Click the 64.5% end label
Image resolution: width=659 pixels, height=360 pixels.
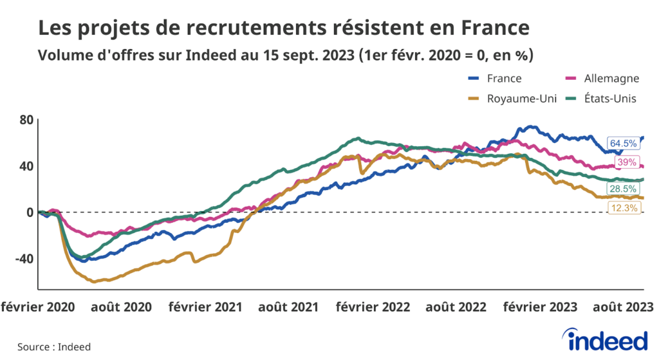click(x=623, y=143)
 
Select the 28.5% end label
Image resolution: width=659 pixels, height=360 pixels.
click(x=623, y=189)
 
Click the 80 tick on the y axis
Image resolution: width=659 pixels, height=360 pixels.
click(x=26, y=120)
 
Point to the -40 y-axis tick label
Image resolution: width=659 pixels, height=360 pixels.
click(x=23, y=259)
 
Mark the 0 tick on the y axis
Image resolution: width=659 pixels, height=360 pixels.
click(x=30, y=213)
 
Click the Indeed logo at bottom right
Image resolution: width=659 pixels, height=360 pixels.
click(x=604, y=339)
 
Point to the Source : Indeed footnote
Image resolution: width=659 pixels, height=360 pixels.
click(x=54, y=346)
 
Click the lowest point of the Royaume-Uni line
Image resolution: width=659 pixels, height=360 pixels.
click(x=95, y=281)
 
